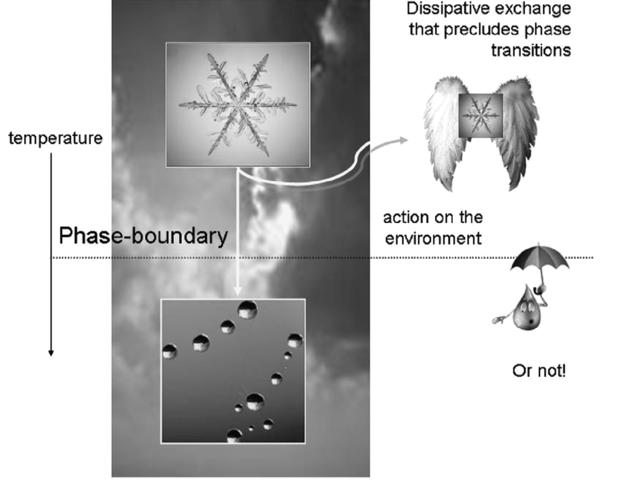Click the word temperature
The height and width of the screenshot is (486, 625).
point(56,139)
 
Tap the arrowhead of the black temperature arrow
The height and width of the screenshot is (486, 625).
point(51,352)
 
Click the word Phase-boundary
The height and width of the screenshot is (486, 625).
point(143,236)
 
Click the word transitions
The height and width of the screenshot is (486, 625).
point(531,50)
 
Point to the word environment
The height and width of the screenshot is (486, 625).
point(433,238)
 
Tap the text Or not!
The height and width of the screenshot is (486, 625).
point(539,371)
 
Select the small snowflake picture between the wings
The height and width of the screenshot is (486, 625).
point(480,116)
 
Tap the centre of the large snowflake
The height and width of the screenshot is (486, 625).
point(238,105)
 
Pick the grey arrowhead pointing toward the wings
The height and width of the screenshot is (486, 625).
point(403,140)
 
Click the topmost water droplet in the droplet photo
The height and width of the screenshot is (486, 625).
point(248,310)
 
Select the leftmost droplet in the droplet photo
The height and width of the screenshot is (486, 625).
point(170,351)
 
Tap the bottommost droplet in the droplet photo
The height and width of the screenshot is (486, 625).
point(234,436)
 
